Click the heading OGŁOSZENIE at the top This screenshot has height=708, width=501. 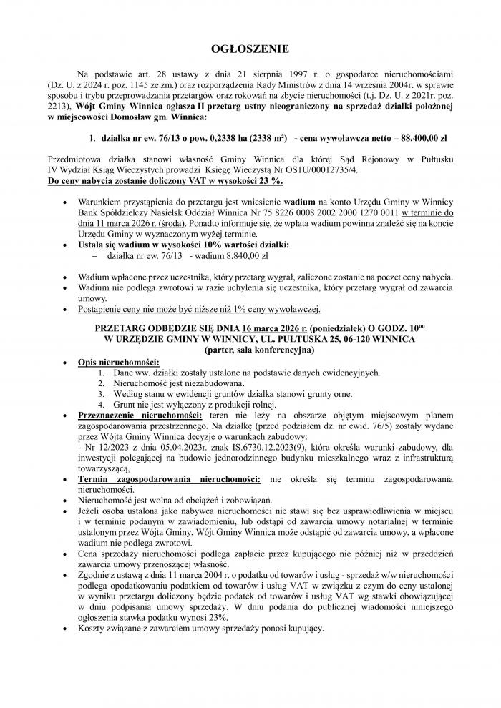coord(250,49)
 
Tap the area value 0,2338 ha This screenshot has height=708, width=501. coord(204,136)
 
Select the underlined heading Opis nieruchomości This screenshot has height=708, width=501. coord(119,363)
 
